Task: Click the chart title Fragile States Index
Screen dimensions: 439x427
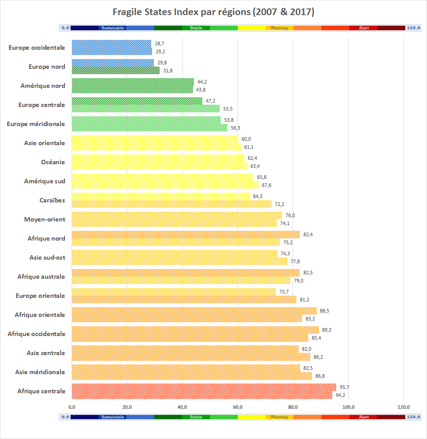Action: tap(213, 12)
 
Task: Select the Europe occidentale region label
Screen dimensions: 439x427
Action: tap(36, 47)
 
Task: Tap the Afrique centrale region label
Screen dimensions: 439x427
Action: tap(41, 391)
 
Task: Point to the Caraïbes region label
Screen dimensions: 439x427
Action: tap(52, 200)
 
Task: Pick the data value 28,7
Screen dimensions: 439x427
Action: tap(159, 44)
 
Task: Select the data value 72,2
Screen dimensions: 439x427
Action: tap(279, 204)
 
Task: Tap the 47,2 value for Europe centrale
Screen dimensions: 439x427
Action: tap(210, 101)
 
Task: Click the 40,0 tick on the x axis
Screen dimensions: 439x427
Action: tap(182, 407)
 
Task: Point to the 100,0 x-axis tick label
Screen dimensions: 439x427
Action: tap(348, 407)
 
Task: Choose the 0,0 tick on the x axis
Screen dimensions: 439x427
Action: tap(72, 407)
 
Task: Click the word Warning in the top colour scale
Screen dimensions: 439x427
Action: tap(279, 28)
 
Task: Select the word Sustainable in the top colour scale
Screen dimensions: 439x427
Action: tap(112, 28)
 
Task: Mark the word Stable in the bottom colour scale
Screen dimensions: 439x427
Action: tap(196, 417)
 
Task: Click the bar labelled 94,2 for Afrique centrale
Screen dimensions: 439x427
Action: tap(201, 395)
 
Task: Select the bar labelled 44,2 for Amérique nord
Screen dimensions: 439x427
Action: tap(133, 82)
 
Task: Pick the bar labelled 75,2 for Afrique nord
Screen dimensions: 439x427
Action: tap(176, 242)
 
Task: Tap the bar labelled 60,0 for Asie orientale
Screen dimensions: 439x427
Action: tap(155, 139)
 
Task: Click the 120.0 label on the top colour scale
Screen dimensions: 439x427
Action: tap(413, 28)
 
